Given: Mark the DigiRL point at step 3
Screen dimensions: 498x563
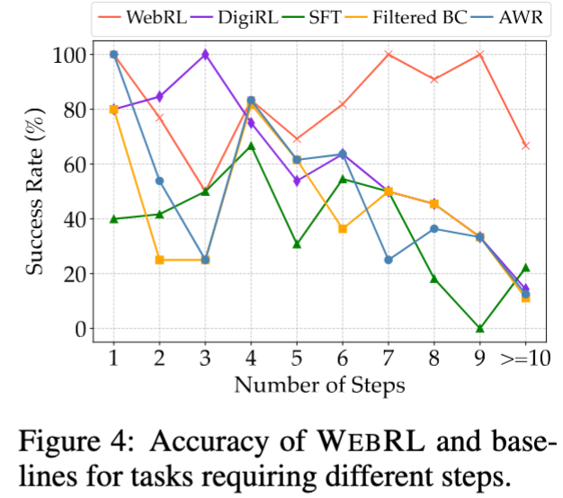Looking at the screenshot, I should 205,55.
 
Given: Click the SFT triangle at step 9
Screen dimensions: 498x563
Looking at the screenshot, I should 480,328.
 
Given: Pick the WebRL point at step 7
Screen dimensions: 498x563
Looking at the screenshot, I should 389,55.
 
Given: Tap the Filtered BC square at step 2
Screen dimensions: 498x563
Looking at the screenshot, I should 159,260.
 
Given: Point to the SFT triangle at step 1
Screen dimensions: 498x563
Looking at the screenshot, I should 113,218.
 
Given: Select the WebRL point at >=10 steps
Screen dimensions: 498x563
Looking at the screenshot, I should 525,146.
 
